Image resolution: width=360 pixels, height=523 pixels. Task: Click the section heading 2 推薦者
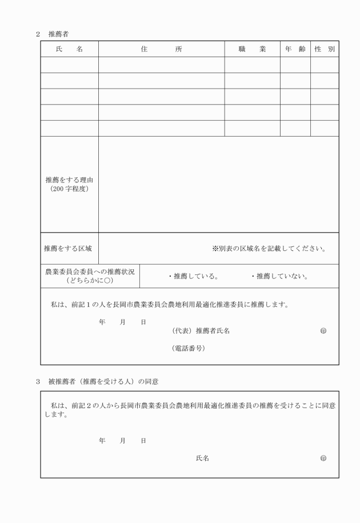coord(53,34)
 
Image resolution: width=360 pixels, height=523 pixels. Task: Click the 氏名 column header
coord(69,49)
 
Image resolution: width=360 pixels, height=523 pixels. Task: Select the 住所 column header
coord(161,49)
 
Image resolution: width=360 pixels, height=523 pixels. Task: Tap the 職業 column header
coord(252,49)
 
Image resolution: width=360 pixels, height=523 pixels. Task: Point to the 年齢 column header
coord(295,49)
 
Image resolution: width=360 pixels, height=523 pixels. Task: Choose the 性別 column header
coord(325,49)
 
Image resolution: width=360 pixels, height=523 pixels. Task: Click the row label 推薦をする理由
coord(69,179)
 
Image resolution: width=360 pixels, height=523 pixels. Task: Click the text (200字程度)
coord(69,189)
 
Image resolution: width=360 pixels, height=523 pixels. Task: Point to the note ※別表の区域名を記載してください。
coord(269,249)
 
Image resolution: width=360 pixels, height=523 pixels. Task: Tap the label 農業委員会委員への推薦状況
coord(90,272)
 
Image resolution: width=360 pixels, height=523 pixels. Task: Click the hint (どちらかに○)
coord(90,281)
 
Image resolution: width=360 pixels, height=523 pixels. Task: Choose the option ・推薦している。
coord(193,277)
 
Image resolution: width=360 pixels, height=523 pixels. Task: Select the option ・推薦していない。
coord(280,277)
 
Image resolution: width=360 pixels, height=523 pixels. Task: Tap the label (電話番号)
coord(188,348)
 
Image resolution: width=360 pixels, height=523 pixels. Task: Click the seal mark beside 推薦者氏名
coord(323,331)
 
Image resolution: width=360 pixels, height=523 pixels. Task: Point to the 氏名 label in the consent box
coord(202,458)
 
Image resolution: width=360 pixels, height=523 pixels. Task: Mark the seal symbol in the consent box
coord(323,458)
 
